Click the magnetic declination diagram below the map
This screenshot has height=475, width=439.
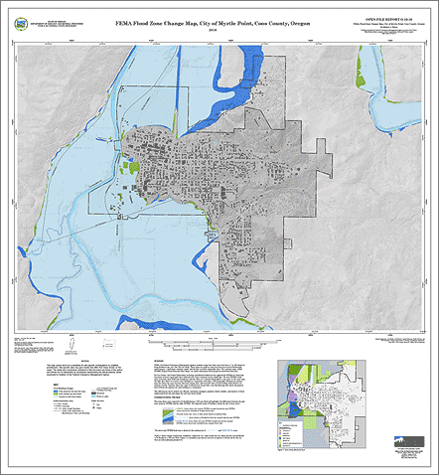click(x=40, y=349)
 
